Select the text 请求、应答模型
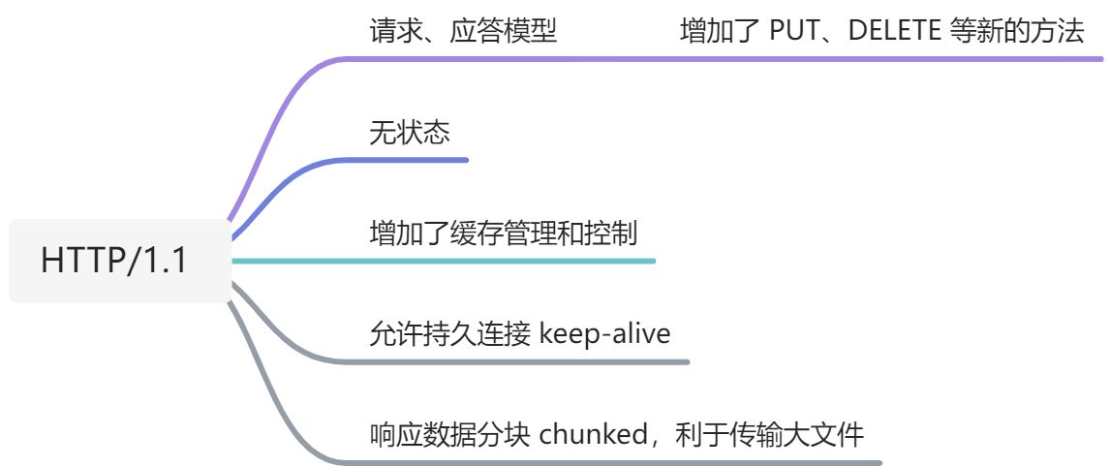(x=463, y=31)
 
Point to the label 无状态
(x=409, y=132)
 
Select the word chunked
(x=591, y=434)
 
